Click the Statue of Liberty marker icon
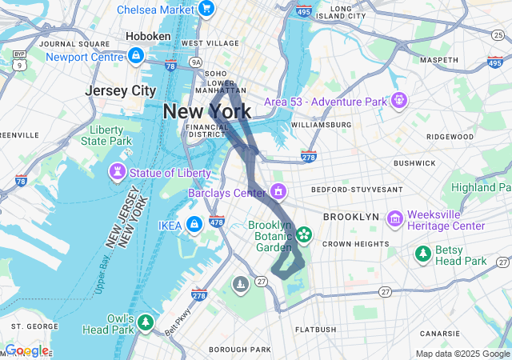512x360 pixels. pos(118,172)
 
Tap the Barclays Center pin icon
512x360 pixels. pos(278,192)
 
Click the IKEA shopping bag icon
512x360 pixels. pos(194,223)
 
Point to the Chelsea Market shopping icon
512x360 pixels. pos(206,10)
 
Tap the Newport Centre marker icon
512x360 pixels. pos(135,56)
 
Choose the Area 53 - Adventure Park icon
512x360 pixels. pos(398,101)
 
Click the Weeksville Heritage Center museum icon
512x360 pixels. pos(394,218)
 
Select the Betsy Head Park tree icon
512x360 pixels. pos(422,254)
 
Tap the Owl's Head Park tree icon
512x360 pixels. pos(145,322)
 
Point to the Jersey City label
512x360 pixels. pos(121,90)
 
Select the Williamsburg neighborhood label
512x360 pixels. pos(322,125)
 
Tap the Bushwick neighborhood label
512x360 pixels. pos(414,162)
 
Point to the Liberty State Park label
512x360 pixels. pos(106,135)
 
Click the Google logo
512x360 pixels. pos(26,350)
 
